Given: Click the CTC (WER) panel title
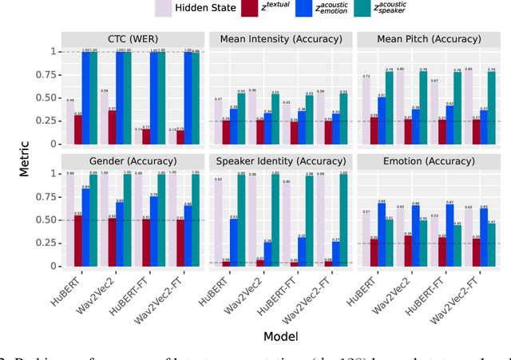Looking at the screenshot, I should pyautogui.click(x=132, y=38).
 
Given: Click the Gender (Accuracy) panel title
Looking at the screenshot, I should pyautogui.click(x=132, y=160).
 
